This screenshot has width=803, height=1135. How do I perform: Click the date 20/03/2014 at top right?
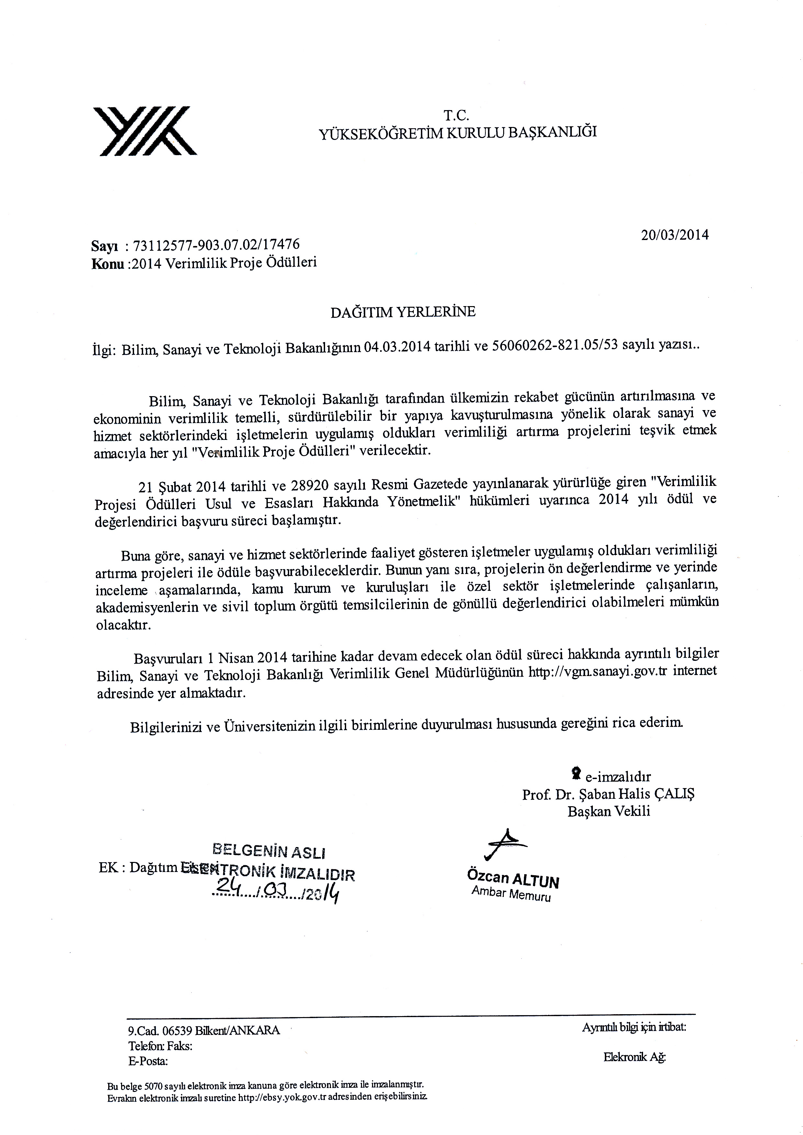pos(675,235)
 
